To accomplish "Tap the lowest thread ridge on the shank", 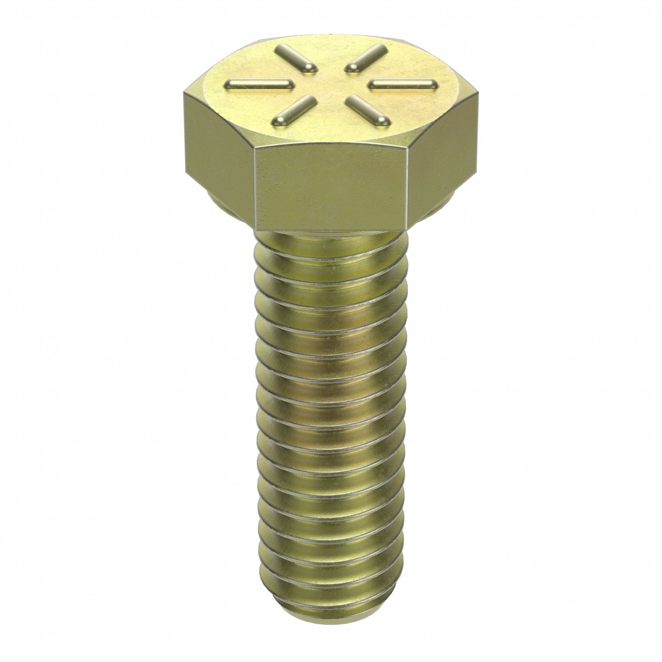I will pyautogui.click(x=331, y=612).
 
